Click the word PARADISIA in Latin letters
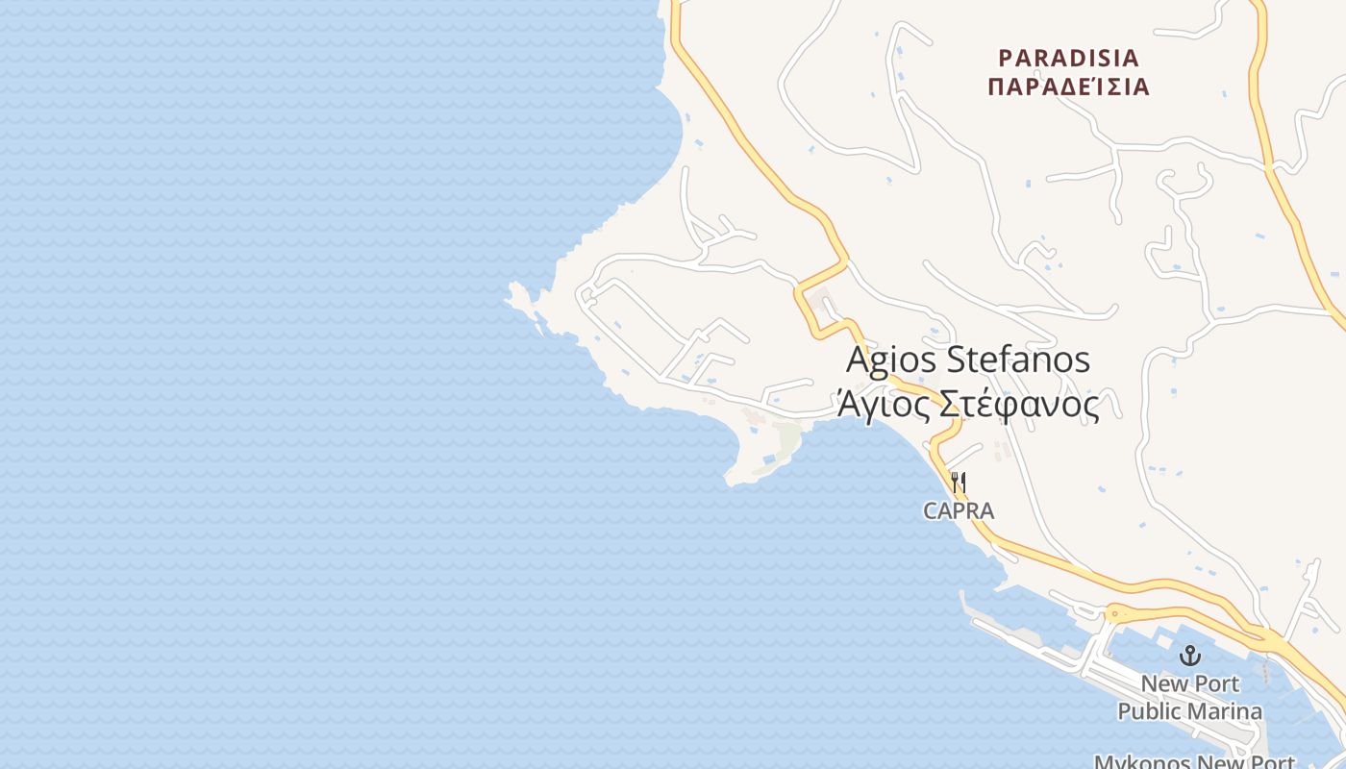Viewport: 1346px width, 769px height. click(x=1067, y=59)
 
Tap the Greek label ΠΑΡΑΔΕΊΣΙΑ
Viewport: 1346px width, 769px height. click(x=1068, y=87)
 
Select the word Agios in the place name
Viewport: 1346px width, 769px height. click(x=891, y=360)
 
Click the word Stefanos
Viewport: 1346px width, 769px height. click(x=1019, y=360)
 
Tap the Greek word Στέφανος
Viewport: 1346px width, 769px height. click(x=1018, y=406)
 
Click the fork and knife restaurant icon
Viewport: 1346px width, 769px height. click(x=958, y=481)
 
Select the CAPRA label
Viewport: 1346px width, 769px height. click(x=958, y=511)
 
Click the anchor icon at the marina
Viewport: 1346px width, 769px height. click(x=1190, y=656)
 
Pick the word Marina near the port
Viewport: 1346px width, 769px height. click(x=1226, y=712)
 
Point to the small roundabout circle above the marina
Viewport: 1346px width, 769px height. click(x=1115, y=611)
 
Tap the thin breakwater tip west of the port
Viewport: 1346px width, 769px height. click(x=962, y=595)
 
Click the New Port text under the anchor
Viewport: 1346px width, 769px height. click(x=1190, y=684)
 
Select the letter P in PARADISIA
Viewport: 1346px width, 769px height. click(x=1006, y=59)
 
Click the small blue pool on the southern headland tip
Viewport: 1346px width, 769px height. click(x=767, y=462)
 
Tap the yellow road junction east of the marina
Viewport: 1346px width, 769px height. click(x=1274, y=636)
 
